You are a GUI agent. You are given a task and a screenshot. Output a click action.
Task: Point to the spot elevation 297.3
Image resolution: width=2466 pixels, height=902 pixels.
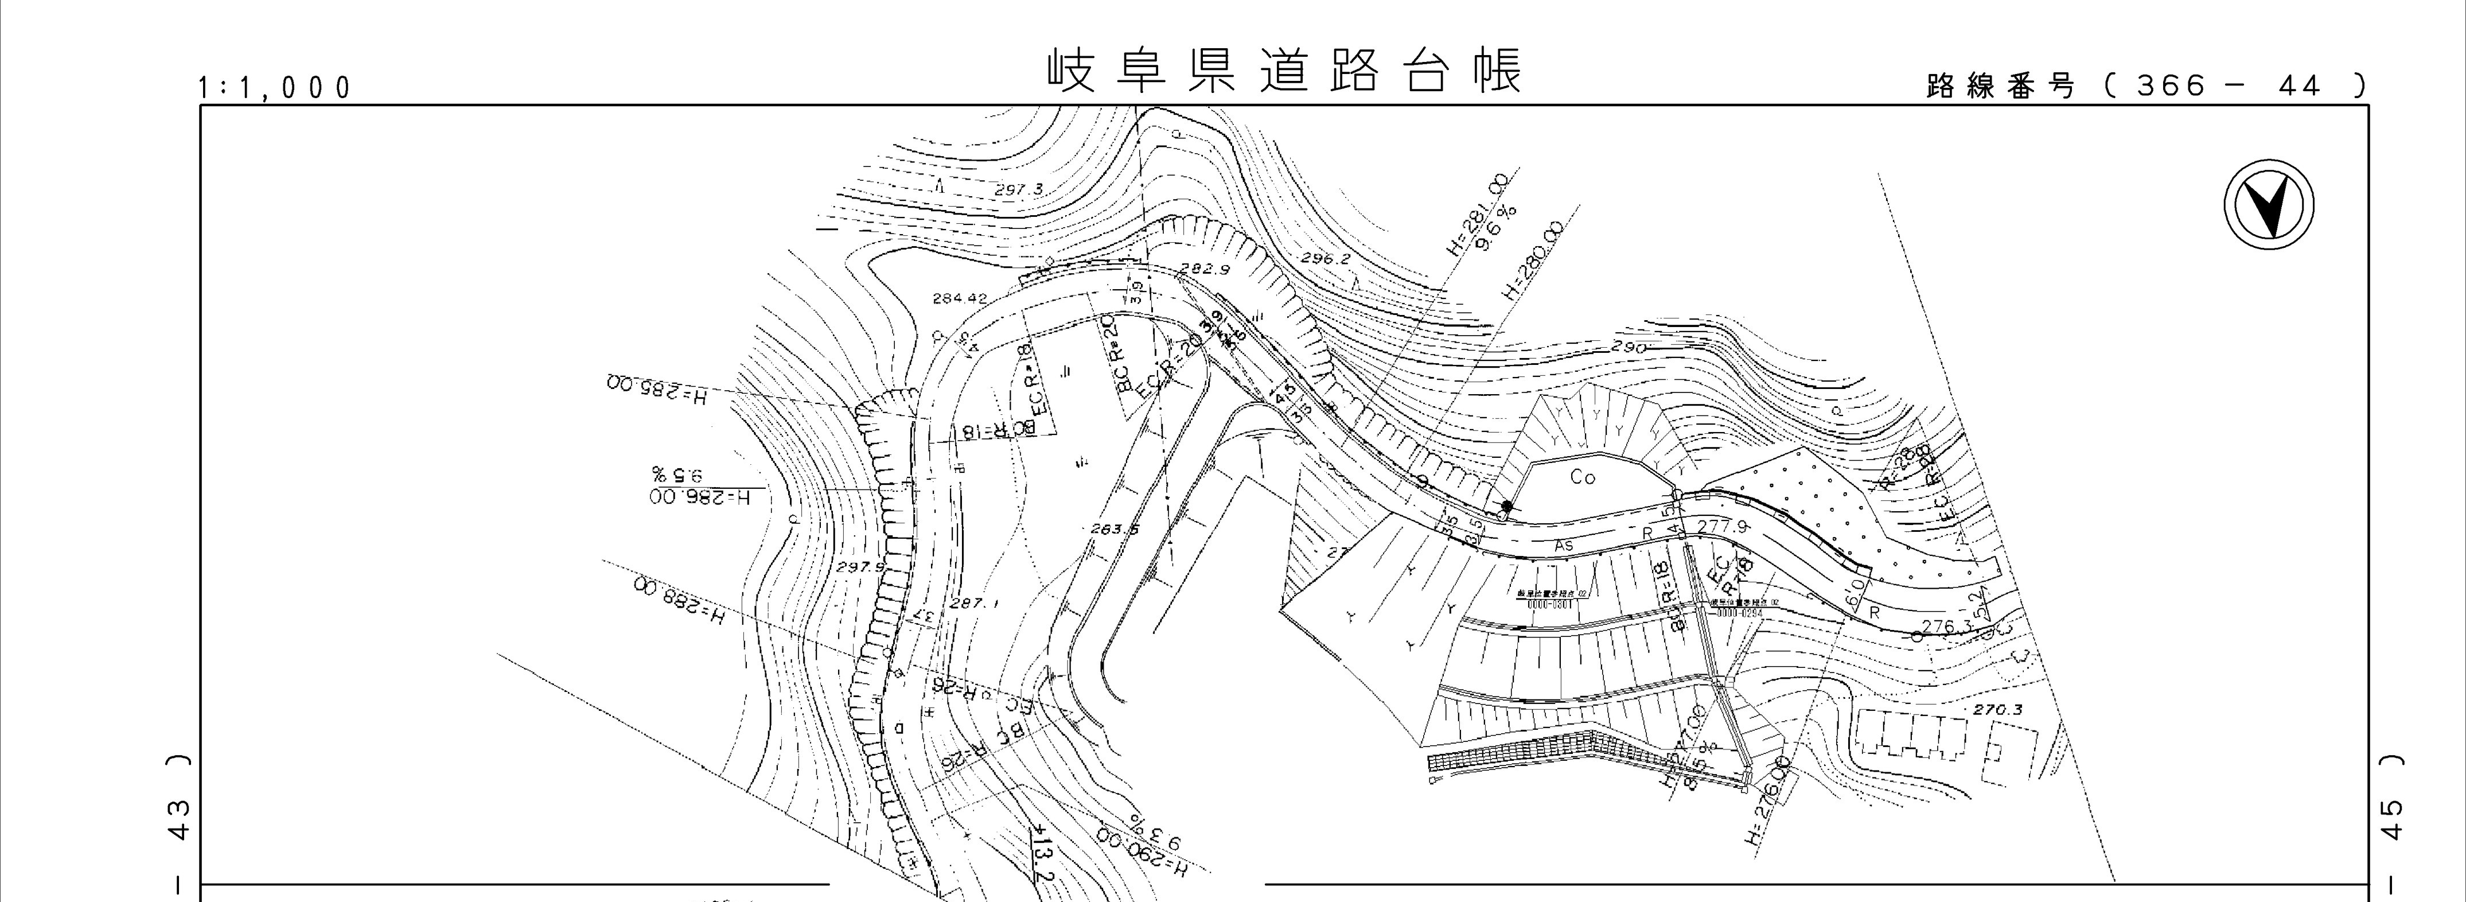tap(1019, 189)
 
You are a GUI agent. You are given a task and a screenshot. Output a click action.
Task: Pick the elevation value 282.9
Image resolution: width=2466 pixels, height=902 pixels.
tap(1204, 270)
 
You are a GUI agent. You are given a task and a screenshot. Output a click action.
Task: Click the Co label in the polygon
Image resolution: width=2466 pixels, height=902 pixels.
tap(1583, 477)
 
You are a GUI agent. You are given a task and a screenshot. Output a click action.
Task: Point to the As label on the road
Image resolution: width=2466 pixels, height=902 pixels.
tap(1563, 545)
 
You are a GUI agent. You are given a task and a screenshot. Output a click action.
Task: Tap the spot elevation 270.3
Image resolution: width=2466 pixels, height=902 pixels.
tap(2000, 710)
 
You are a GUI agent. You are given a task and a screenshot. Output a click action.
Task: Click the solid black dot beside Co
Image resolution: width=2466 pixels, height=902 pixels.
tap(1507, 506)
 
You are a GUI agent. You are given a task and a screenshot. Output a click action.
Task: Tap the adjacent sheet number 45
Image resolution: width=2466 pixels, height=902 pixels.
tap(2391, 819)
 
